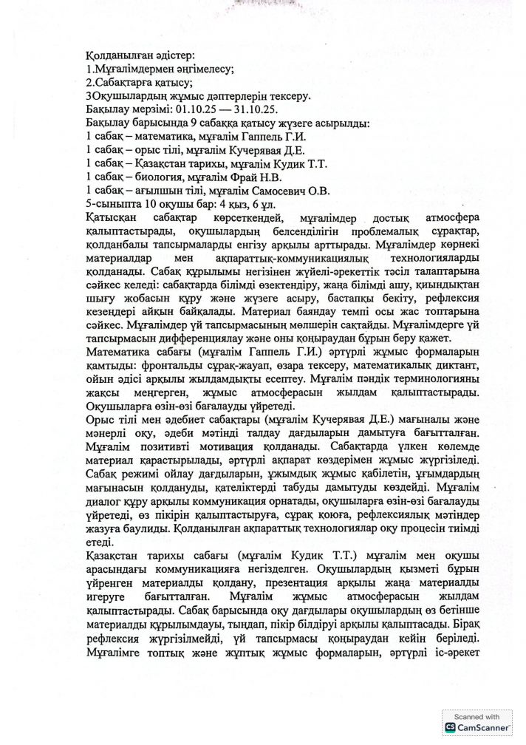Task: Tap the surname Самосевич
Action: pyautogui.click(x=247, y=190)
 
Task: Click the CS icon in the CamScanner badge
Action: pyautogui.click(x=449, y=728)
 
